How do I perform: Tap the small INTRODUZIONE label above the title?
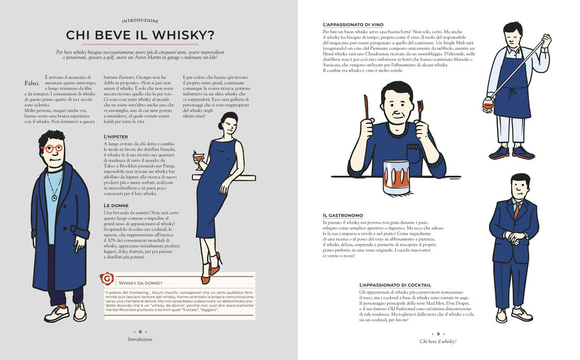click(x=140, y=20)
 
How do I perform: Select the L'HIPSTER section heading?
click(x=117, y=137)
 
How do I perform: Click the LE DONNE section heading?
click(x=117, y=205)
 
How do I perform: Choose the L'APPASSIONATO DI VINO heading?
click(x=357, y=24)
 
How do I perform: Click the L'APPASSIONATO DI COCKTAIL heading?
click(x=395, y=285)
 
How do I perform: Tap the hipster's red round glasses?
click(x=53, y=148)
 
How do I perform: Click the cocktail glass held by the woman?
click(x=199, y=158)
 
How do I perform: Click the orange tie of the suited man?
click(x=516, y=210)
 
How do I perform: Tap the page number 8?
click(x=140, y=332)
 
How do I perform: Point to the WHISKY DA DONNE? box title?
click(x=141, y=282)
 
